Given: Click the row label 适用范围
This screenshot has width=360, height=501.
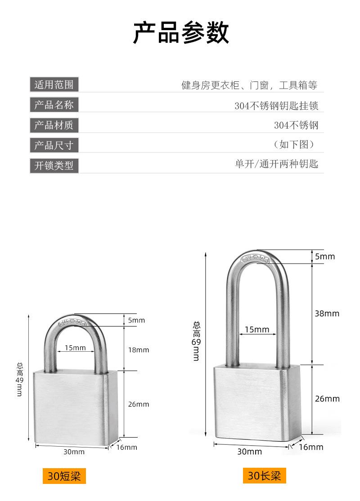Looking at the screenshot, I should [x=54, y=84].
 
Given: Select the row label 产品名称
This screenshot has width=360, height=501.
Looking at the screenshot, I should [x=54, y=105].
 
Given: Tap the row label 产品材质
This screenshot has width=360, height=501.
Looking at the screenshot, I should [x=54, y=125].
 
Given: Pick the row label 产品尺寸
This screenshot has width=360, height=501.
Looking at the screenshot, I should [x=54, y=145].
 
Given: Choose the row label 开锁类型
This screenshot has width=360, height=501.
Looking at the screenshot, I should [x=54, y=166].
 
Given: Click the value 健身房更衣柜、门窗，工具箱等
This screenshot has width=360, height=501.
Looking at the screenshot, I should [x=249, y=85].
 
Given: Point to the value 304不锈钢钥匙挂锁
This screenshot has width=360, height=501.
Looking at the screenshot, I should [x=276, y=106].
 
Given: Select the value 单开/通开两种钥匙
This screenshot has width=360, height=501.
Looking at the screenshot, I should [x=276, y=164].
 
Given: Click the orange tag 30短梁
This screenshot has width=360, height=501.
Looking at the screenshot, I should [x=63, y=476].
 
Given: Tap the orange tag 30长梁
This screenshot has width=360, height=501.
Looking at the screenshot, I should [x=264, y=475].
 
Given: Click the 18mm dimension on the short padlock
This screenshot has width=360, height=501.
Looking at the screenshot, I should [x=139, y=350].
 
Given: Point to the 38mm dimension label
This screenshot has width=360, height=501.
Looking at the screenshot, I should [x=327, y=313].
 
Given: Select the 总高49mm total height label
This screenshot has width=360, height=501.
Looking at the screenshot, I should [x=19, y=379].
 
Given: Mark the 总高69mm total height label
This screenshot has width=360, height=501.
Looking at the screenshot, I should [x=196, y=340].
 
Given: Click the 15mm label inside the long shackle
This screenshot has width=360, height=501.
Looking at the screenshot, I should [x=256, y=330].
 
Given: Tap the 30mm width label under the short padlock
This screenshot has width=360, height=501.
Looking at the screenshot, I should [x=73, y=452].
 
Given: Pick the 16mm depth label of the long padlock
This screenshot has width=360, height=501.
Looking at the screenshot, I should [x=311, y=447].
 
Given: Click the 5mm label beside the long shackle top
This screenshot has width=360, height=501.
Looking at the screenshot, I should [x=325, y=256].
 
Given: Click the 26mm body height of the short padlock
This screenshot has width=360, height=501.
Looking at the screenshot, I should [x=139, y=404].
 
